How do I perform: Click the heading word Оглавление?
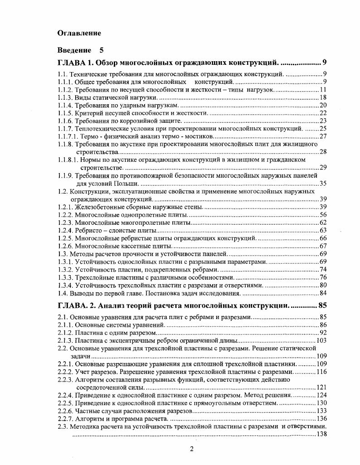coord(79,33)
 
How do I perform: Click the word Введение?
coord(74,50)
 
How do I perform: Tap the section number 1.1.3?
coord(65,97)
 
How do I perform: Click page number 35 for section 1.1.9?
coord(323,183)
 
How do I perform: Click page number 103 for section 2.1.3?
coord(321,340)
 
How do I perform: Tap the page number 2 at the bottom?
coord(191,449)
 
